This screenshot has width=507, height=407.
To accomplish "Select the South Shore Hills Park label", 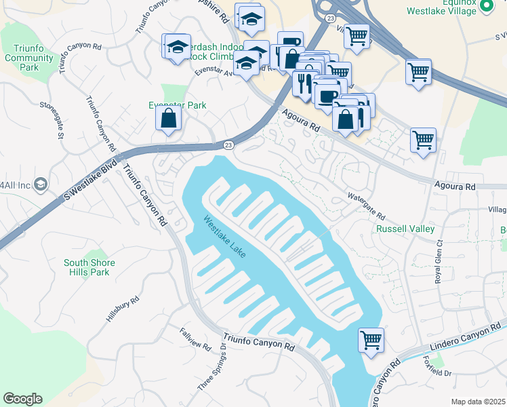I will point(89,267).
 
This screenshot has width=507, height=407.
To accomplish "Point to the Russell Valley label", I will point(405,229).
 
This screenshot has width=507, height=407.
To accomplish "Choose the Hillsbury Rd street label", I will point(123,309).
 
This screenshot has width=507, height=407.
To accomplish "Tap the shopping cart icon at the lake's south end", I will point(371,339).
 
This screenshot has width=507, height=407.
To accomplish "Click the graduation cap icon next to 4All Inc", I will point(40,185).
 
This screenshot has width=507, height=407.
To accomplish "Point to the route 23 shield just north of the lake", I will point(228,144).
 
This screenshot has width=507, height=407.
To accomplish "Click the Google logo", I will point(22,399).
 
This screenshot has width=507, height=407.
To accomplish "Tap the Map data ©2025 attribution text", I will point(478,402).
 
